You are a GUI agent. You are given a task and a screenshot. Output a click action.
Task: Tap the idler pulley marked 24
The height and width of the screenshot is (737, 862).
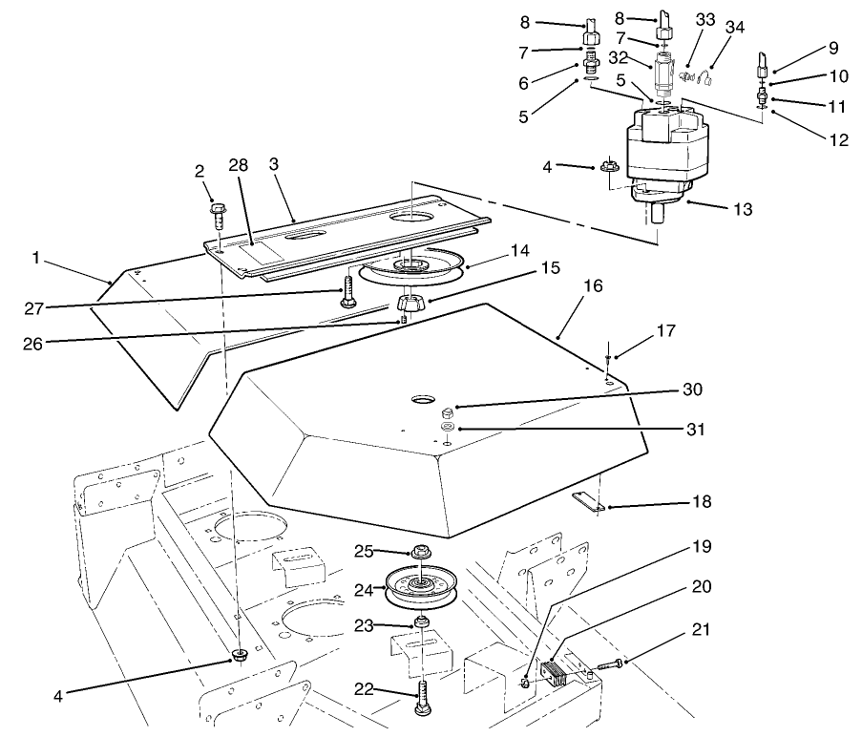pyautogui.click(x=420, y=591)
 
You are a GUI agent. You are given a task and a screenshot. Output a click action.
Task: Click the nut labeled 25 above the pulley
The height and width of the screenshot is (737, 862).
pyautogui.click(x=421, y=552)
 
